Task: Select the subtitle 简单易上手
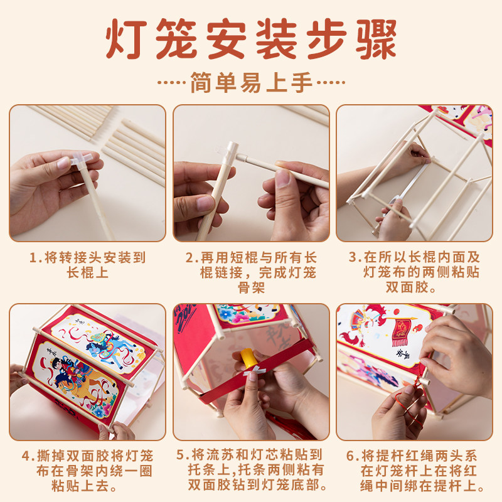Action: pos(251,82)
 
